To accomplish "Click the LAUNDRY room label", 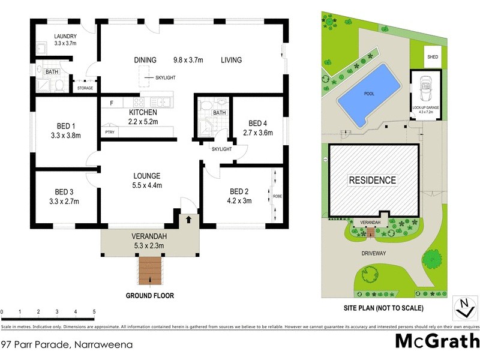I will click(65, 35).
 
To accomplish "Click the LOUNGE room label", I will click(147, 176).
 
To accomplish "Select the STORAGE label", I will click(85, 89).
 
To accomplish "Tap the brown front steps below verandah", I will click(151, 271).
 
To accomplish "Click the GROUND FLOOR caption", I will click(150, 296).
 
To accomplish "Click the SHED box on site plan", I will click(433, 58).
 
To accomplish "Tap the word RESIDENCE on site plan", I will click(373, 180).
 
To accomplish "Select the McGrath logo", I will click(436, 341).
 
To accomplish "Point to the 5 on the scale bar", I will click(94, 312).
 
